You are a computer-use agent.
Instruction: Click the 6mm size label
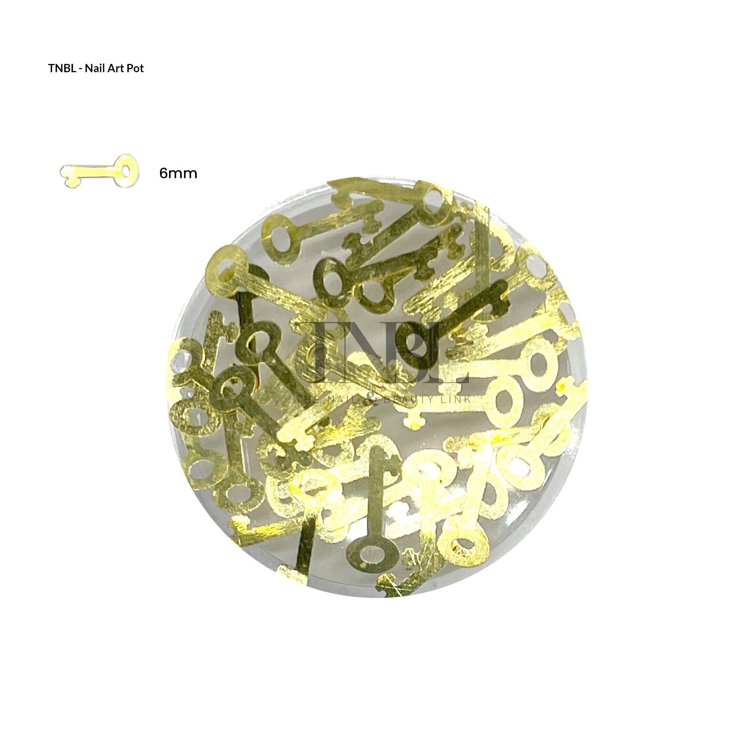click(178, 173)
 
